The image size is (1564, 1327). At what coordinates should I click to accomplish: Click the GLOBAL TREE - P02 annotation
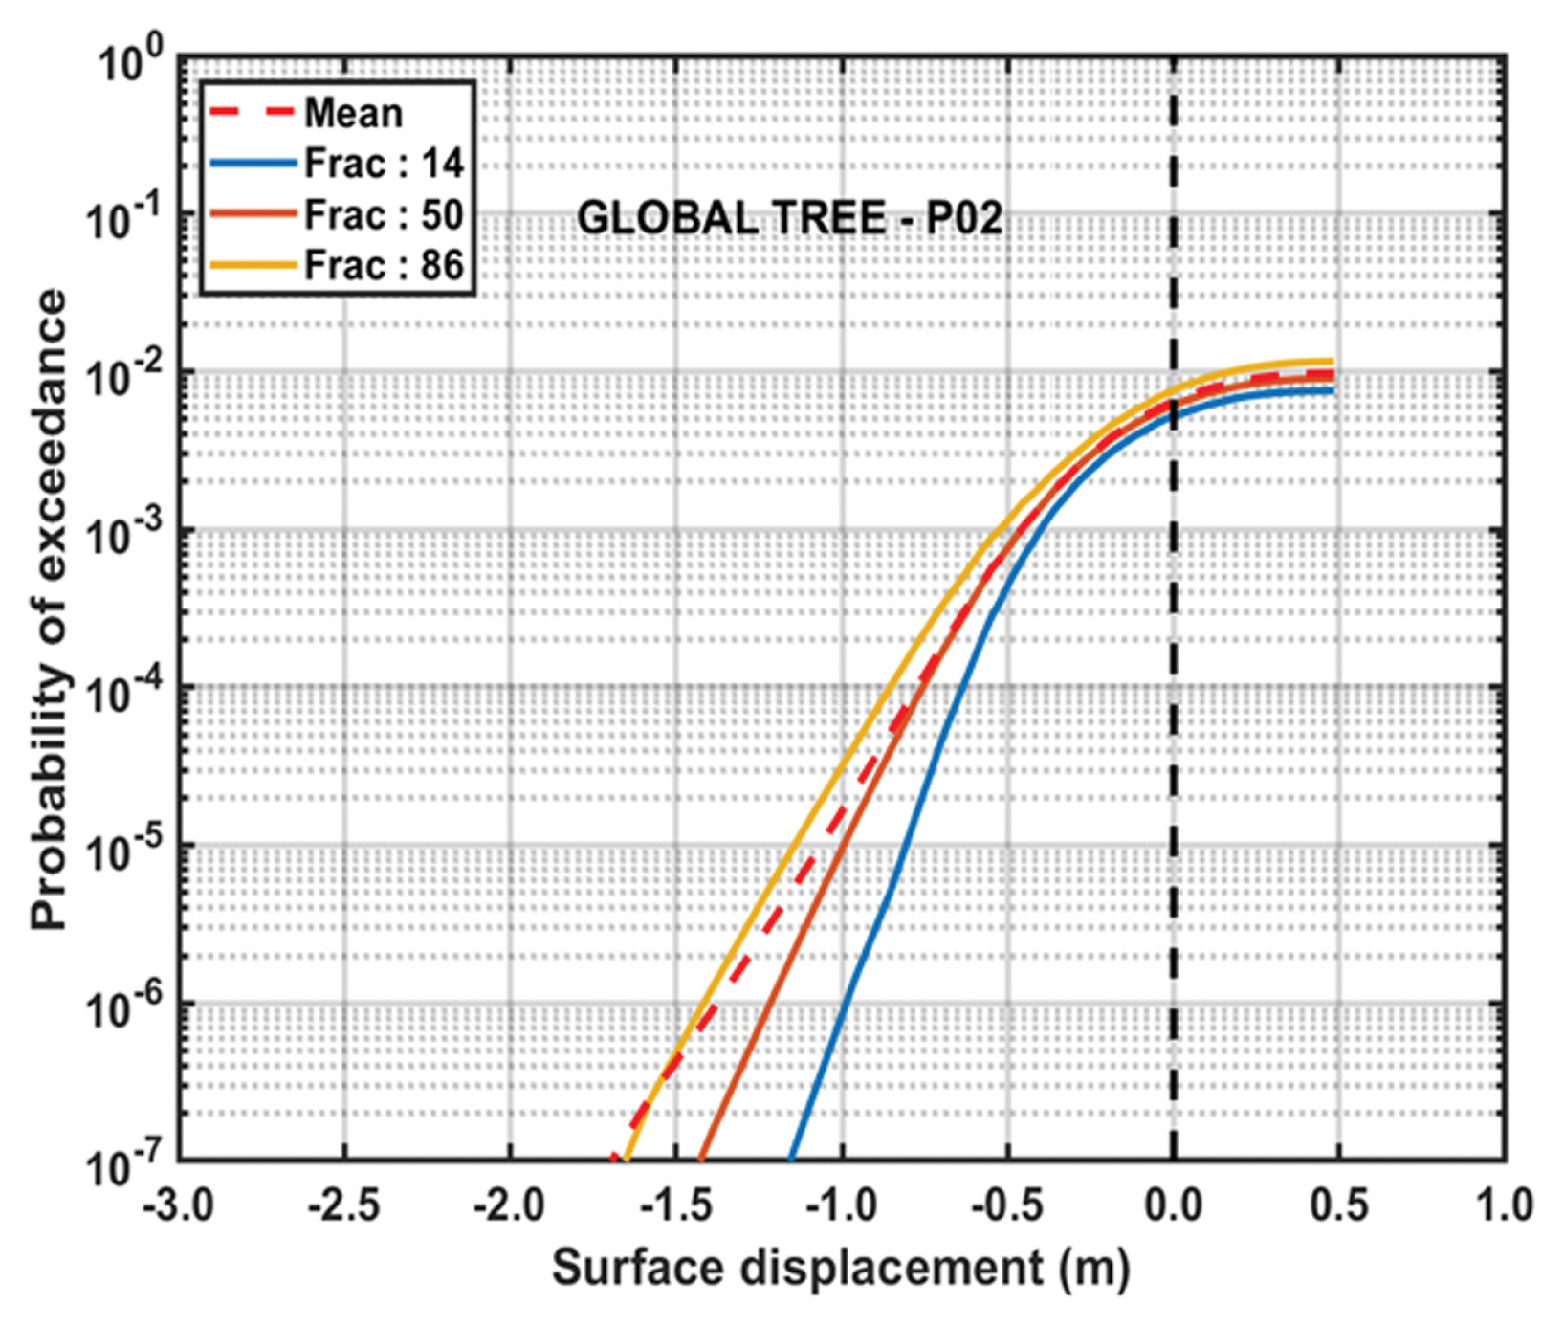click(x=789, y=219)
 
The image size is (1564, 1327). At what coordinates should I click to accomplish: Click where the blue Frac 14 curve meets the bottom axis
click(x=791, y=1159)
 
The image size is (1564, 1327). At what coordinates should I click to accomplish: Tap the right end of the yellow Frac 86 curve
click(x=1332, y=362)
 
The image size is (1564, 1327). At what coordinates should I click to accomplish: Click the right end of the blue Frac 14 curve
click(x=1332, y=390)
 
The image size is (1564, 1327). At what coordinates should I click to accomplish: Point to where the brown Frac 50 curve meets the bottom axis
click(x=701, y=1159)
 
